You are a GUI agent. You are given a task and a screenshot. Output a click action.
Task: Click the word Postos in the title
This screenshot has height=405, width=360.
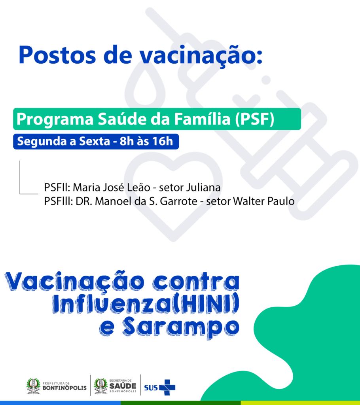tap(57, 55)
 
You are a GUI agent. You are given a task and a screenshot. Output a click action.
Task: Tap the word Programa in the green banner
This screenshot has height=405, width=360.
tap(55, 119)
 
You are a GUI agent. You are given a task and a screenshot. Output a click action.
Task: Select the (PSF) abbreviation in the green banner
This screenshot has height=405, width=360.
tap(255, 119)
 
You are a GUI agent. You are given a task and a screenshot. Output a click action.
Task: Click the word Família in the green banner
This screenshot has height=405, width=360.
tap(202, 119)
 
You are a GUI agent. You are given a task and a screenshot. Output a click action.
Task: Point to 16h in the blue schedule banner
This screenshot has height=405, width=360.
tap(163, 141)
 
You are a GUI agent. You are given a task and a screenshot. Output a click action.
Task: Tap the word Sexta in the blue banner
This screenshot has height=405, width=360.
tap(95, 141)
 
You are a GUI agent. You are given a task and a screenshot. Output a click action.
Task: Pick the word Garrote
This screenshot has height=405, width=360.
tap(178, 201)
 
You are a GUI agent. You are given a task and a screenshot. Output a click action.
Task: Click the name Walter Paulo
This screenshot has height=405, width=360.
tap(263, 201)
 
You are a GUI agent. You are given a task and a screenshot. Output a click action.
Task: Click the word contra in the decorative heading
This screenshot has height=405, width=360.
tap(196, 282)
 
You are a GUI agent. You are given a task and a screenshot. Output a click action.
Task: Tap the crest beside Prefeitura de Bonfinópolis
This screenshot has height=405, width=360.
tap(33, 386)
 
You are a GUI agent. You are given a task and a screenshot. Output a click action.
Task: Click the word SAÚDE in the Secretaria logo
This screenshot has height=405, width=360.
tap(123, 386)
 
